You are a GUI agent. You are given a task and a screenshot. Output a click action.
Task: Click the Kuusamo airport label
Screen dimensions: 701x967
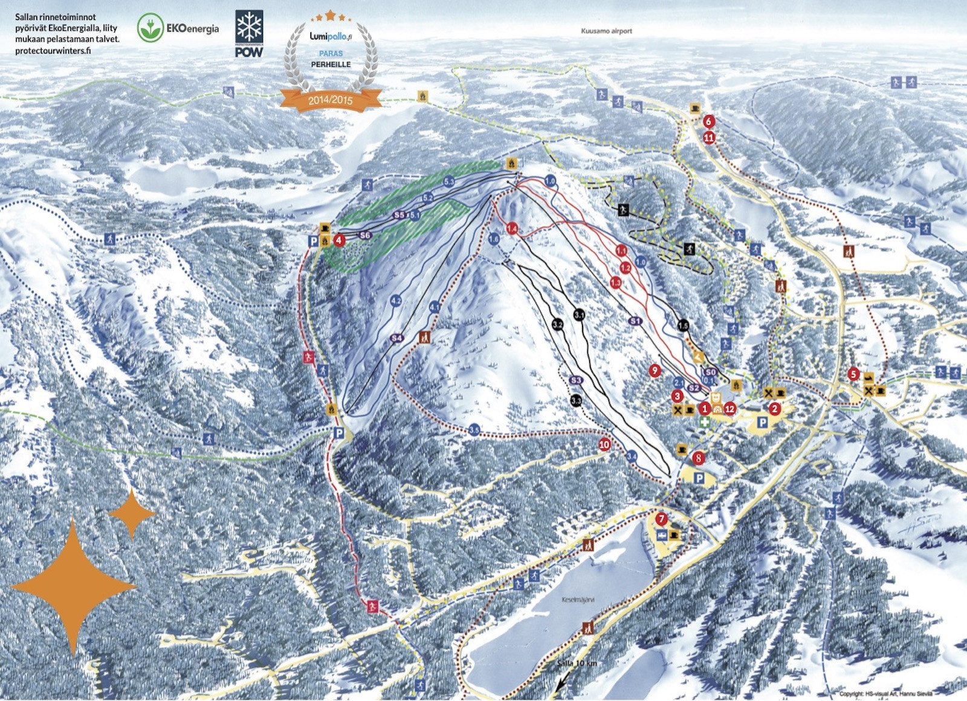(x=606, y=31)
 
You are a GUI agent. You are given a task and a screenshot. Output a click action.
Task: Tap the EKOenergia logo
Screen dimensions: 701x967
(x=178, y=28)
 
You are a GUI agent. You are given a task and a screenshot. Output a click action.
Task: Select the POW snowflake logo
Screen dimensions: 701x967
(x=249, y=34)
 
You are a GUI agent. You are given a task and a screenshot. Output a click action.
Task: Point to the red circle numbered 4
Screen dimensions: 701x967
(x=339, y=240)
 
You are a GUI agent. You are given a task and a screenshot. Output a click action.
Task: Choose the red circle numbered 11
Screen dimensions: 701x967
(x=709, y=138)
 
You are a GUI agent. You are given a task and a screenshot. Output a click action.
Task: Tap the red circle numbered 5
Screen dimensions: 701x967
(x=853, y=374)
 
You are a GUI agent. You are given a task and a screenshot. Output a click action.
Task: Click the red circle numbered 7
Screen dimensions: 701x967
(x=662, y=519)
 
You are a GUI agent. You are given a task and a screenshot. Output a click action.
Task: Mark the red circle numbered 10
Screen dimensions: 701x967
(x=604, y=445)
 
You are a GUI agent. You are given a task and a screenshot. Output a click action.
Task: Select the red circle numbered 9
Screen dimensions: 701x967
(x=655, y=370)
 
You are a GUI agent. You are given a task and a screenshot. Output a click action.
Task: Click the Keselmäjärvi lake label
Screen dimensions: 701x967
(x=578, y=600)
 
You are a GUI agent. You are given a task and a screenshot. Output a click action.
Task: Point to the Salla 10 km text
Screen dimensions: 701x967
(x=577, y=664)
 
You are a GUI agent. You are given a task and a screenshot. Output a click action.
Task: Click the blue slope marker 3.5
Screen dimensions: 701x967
(x=474, y=430)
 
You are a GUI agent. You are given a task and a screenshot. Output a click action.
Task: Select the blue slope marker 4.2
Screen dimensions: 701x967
(x=396, y=300)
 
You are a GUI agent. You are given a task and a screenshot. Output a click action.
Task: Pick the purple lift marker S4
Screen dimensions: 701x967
(x=396, y=338)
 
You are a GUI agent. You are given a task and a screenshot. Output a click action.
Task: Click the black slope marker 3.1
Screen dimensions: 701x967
(x=579, y=315)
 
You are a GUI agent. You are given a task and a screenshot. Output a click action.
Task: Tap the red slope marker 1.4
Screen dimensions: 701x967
(x=512, y=228)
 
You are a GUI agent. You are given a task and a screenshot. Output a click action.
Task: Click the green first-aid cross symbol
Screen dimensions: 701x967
(x=705, y=422)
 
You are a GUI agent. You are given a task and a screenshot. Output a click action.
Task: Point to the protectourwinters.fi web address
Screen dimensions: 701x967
(x=53, y=51)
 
